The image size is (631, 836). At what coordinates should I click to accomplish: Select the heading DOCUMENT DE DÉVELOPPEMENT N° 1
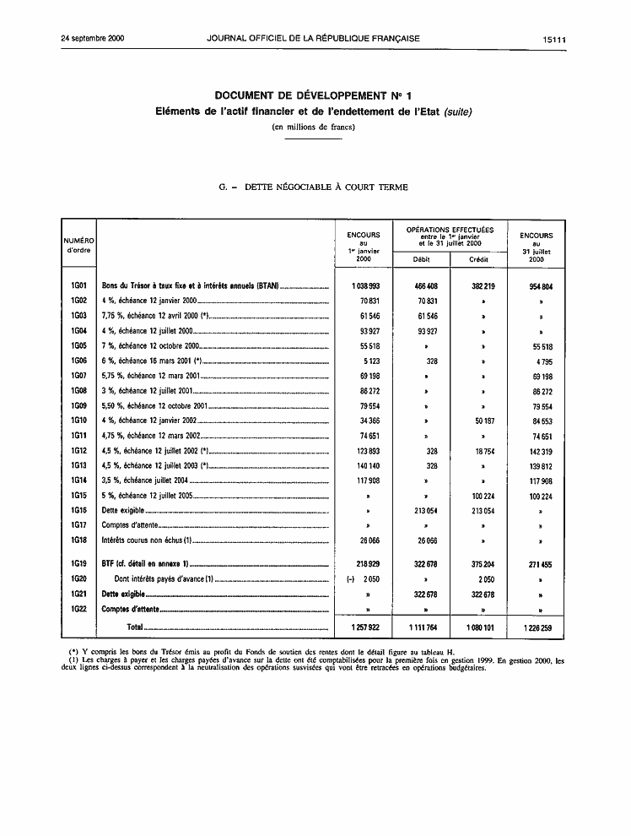[314, 96]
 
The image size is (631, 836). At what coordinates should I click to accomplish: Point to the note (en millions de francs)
[314, 127]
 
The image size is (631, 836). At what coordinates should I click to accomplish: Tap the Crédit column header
[479, 259]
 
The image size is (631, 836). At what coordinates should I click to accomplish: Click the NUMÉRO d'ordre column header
[79, 246]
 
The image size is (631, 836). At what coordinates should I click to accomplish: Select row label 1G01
[79, 286]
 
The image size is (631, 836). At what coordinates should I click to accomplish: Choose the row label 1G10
[79, 420]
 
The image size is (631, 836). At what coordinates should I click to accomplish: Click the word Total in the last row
[133, 627]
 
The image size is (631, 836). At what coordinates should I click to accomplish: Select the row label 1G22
[79, 608]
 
